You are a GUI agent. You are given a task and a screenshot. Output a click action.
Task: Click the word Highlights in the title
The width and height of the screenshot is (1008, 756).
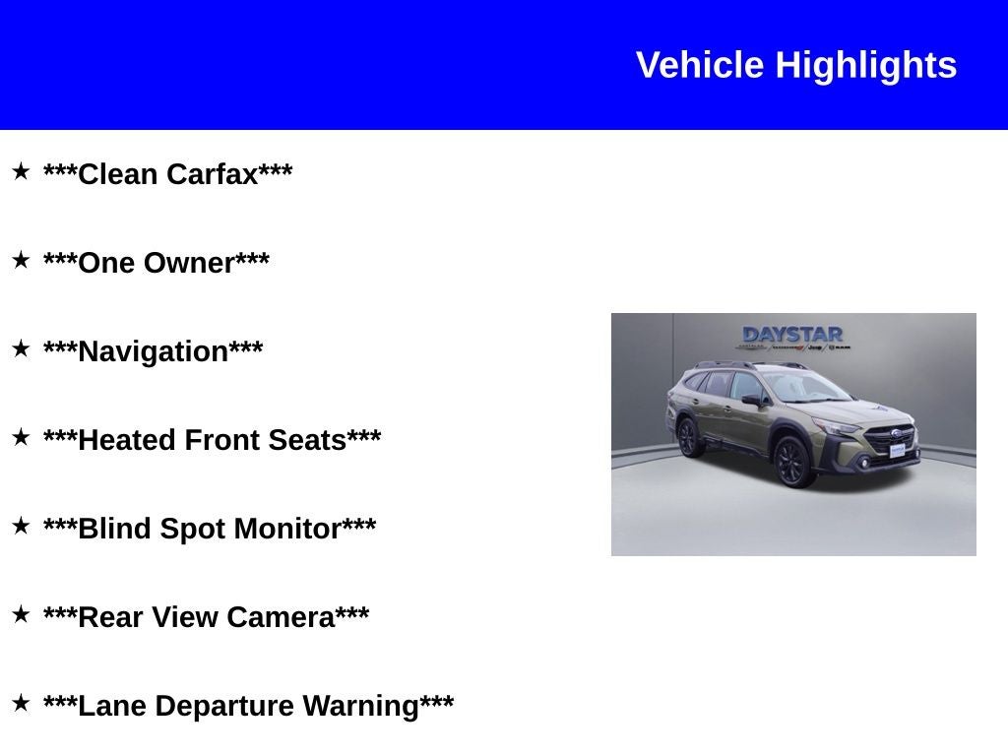pos(866,65)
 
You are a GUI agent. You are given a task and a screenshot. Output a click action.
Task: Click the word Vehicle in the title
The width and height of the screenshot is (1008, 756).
pos(700,65)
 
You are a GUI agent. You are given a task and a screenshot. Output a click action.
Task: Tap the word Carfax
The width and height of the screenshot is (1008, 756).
pos(212,174)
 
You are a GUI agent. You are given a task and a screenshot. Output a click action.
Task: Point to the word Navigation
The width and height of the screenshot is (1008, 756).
pos(153,351)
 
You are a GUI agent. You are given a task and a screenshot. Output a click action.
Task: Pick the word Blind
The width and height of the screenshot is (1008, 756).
pos(114,529)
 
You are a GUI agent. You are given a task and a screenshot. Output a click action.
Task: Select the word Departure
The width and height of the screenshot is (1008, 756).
pos(224,706)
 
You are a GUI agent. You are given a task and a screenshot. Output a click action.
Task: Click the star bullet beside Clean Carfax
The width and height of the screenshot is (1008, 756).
pos(21,171)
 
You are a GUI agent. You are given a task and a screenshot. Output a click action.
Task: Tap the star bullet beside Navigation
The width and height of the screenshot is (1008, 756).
pos(21,348)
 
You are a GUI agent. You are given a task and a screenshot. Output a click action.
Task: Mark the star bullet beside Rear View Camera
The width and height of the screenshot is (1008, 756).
pos(21,614)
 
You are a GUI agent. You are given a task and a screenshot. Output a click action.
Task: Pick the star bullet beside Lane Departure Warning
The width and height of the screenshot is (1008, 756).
pos(21,703)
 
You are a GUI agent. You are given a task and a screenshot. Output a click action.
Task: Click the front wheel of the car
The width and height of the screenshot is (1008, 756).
pos(793,462)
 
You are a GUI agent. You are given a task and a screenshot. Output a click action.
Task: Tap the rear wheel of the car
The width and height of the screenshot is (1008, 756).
pos(690,438)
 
